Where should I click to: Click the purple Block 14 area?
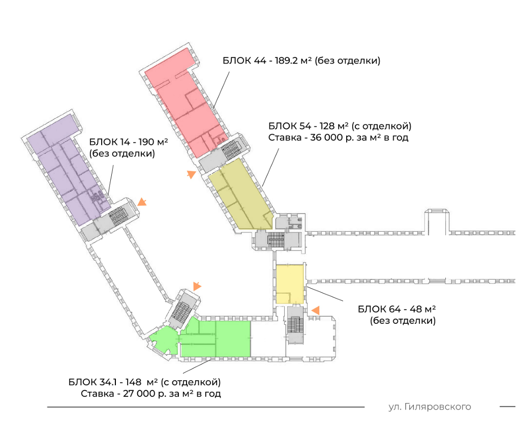pos(66,173)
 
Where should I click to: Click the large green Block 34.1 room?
pos(224,338)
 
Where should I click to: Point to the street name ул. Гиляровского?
pos(430,407)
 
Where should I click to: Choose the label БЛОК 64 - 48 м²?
pos(397,309)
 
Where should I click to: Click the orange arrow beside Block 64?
pos(315,310)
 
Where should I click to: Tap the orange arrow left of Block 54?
pos(191,174)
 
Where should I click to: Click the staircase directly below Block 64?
pos(295,325)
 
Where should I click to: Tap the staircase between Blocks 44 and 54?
pos(231,149)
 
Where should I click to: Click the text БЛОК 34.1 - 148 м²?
pos(144,382)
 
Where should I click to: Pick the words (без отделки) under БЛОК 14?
pos(122,153)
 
